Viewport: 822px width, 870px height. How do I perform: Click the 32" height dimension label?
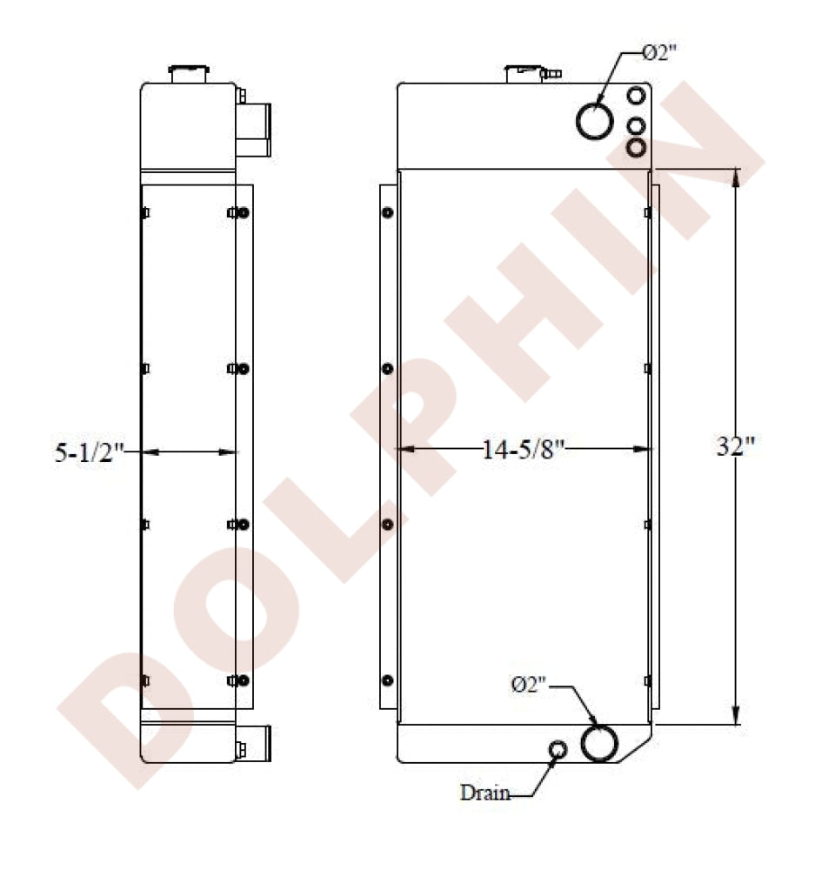click(736, 445)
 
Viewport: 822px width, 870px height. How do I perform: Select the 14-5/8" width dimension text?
click(523, 449)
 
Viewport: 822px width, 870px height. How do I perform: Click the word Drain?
click(485, 793)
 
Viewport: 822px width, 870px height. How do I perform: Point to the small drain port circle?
click(558, 749)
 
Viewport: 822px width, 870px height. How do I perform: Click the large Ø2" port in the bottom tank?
click(599, 744)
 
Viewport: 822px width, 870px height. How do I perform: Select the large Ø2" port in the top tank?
click(595, 121)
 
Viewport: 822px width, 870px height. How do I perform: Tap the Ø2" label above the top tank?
click(659, 53)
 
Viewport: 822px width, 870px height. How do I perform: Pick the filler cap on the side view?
click(189, 74)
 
